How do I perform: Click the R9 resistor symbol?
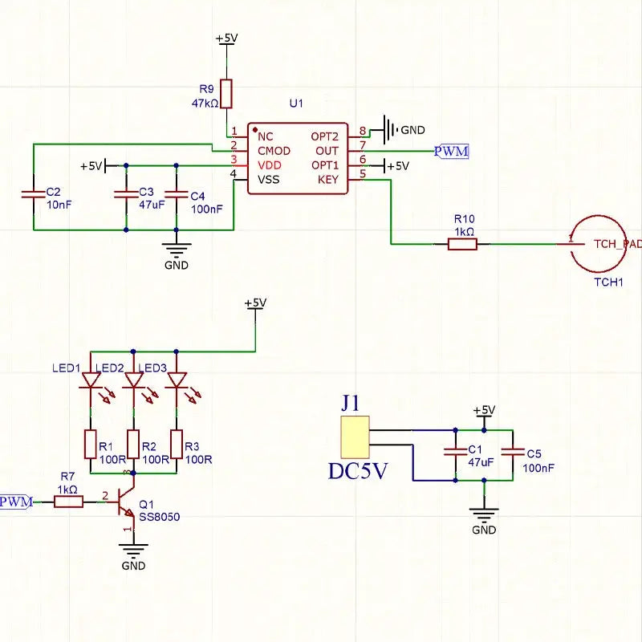226,94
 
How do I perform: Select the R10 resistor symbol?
462,245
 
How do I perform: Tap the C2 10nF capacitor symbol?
34,193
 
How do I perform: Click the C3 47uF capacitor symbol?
126,193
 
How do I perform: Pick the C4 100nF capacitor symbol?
177,193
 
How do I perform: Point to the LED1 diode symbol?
91,380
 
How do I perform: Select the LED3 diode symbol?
177,380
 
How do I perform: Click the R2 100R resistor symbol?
133,445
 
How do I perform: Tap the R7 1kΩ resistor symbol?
68,502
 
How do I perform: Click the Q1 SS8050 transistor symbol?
125,501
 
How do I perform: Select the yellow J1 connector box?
355,437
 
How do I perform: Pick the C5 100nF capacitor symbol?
513,452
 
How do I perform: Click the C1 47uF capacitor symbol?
455,452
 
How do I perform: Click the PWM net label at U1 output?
451,152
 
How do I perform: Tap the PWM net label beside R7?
16,502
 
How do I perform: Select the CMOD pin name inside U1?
274,151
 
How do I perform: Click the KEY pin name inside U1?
328,180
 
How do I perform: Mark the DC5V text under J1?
358,471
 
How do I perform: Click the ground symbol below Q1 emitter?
133,551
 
